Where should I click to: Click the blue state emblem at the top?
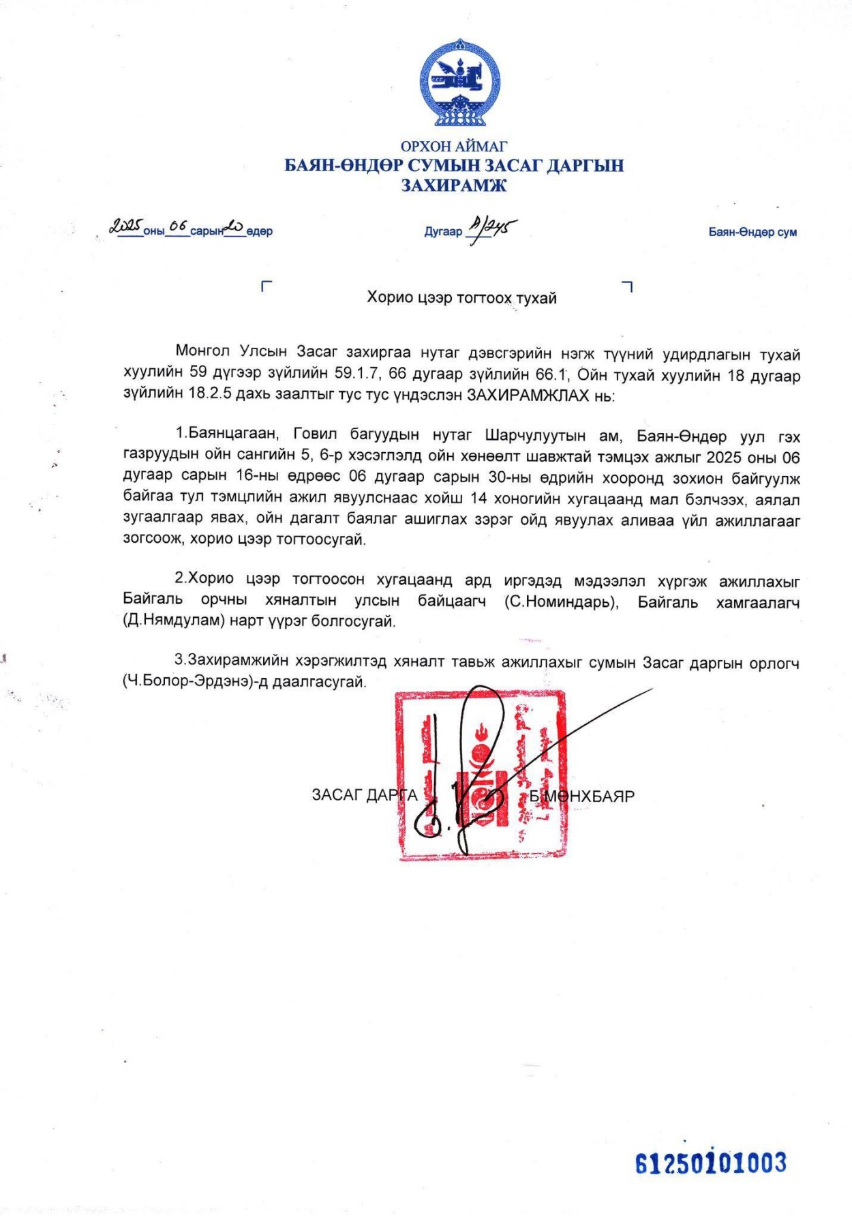tap(460, 84)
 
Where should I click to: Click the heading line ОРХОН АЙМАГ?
tap(454, 146)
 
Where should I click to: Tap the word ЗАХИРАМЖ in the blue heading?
tap(454, 185)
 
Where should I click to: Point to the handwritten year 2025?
tap(126, 226)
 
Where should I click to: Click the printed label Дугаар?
tap(443, 232)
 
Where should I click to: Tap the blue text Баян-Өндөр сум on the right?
tap(752, 232)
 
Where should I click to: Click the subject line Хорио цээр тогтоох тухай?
tap(461, 298)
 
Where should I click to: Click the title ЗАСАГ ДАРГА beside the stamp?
tap(364, 795)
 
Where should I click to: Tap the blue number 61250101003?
tap(711, 1163)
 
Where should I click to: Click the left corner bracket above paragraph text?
tap(267, 286)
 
